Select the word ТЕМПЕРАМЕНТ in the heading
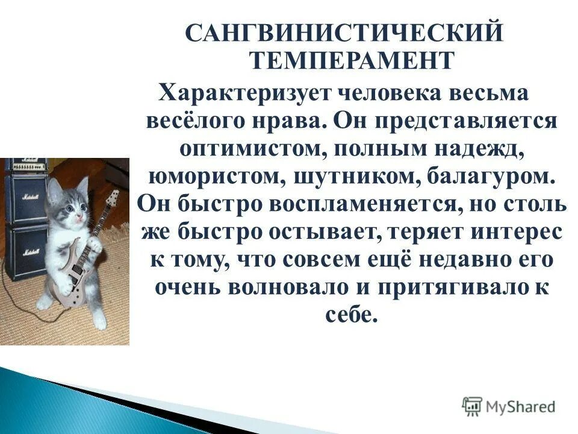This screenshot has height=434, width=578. tap(350, 60)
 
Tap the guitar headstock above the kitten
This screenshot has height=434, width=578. tap(112, 198)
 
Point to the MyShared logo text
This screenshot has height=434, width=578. tap(521, 406)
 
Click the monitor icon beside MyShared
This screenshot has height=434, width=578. tap(473, 406)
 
